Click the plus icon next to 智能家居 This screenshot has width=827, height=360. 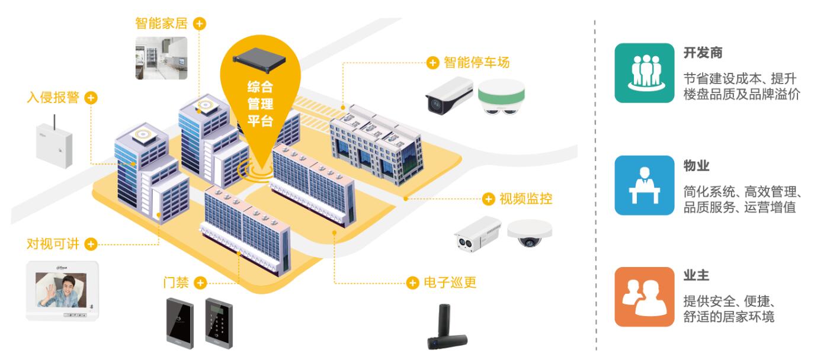click(200, 24)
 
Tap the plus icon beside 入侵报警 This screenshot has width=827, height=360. click(91, 98)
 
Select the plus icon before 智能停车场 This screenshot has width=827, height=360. click(433, 62)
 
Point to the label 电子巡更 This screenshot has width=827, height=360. click(450, 282)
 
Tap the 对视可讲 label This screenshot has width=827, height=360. click(53, 243)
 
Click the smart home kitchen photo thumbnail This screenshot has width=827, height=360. click(161, 58)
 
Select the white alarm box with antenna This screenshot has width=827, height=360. click(54, 144)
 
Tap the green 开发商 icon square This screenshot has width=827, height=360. click(645, 73)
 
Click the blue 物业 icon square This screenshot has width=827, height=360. click(645, 185)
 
